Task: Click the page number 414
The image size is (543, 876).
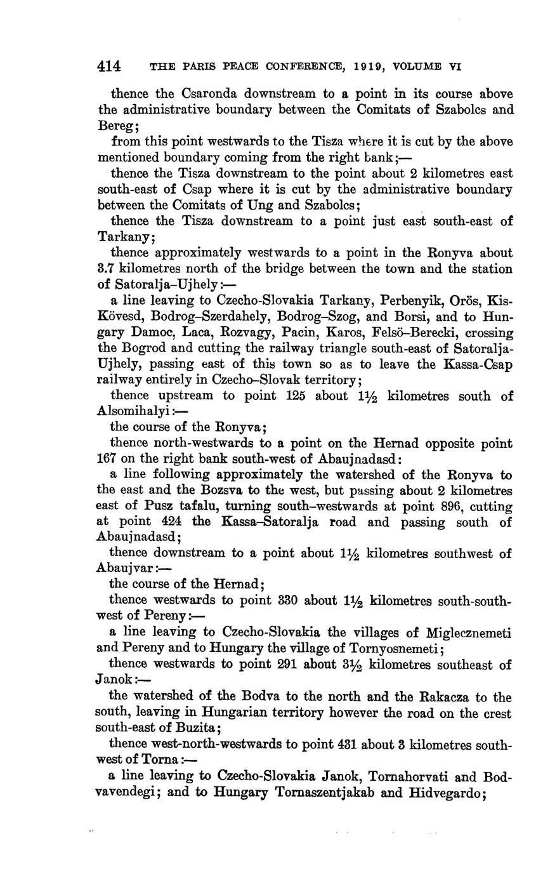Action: click(x=109, y=65)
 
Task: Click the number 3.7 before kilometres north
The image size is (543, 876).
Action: click(x=106, y=269)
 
